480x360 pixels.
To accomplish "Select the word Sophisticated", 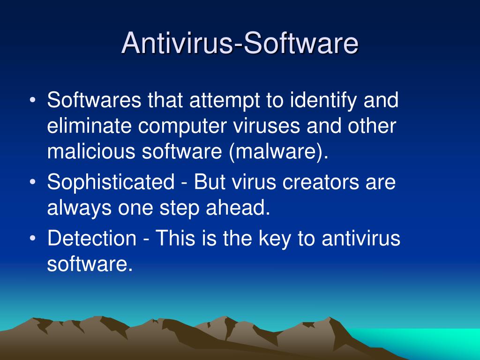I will pyautogui.click(x=111, y=182).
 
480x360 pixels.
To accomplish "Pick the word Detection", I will pyautogui.click(x=91, y=238).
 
